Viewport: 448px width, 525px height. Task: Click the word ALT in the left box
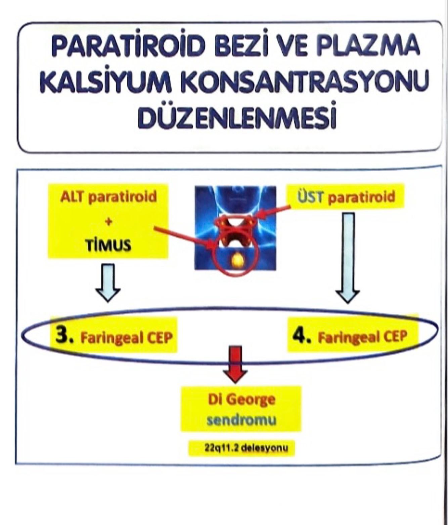tap(71, 197)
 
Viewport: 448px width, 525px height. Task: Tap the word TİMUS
tap(108, 246)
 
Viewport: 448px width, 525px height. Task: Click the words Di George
tap(241, 400)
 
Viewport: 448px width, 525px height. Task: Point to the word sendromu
tap(241, 420)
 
